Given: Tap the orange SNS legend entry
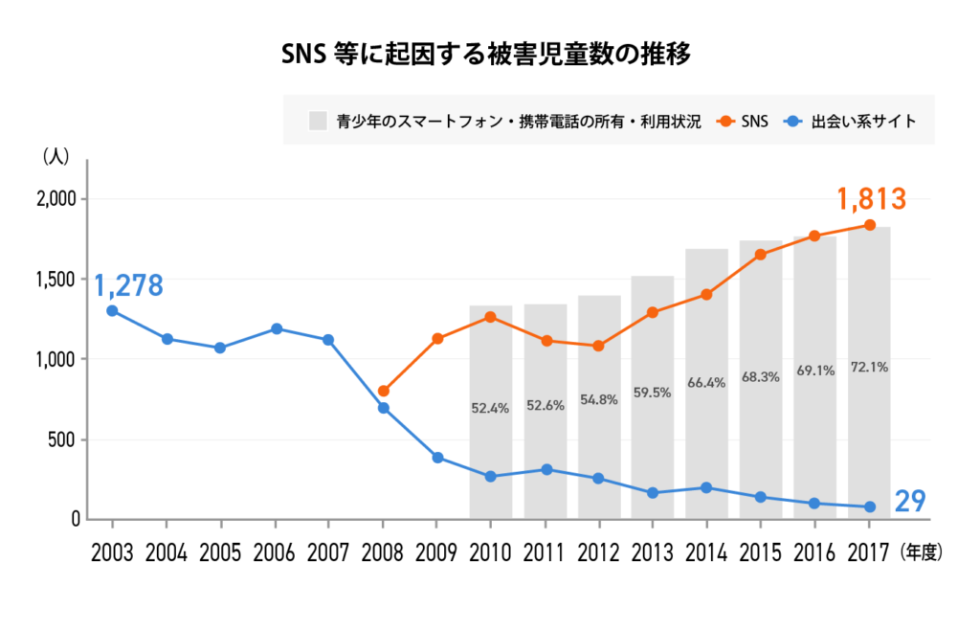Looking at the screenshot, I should click(x=746, y=122).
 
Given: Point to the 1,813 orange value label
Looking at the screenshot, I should click(x=870, y=199).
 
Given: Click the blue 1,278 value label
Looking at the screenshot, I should click(x=128, y=285).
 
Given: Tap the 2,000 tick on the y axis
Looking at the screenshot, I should click(x=56, y=199).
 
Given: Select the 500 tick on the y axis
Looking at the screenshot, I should click(x=64, y=440).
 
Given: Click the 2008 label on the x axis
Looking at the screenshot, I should click(x=383, y=552).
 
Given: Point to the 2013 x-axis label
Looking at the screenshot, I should click(x=653, y=552).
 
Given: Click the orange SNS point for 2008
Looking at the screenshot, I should click(x=383, y=391).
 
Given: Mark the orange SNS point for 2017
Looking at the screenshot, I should click(x=870, y=225).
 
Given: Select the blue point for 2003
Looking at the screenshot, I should click(x=113, y=310).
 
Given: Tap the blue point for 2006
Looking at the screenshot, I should click(x=276, y=328).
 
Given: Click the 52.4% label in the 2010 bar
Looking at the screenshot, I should click(x=491, y=407).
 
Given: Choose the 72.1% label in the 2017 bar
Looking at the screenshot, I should click(x=869, y=367).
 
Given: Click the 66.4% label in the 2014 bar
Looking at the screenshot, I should click(x=706, y=383).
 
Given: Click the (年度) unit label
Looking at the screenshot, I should click(x=923, y=552).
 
